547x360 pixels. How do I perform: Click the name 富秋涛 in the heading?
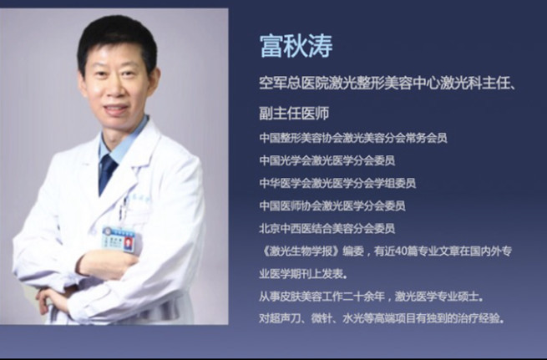point(296,46)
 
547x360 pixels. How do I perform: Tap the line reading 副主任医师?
point(294,114)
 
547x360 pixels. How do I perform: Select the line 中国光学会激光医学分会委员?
point(327,160)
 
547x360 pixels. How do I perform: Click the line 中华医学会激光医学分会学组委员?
point(337,183)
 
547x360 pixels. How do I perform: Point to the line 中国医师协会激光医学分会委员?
point(332,205)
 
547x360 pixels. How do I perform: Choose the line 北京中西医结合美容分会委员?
point(327,229)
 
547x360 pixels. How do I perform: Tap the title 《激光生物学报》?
point(299,251)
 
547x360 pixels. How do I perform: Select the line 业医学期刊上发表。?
point(303,274)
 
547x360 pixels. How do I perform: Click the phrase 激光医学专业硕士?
point(436,297)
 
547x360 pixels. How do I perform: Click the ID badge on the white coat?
point(119,239)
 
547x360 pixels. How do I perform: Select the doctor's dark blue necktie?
point(108,174)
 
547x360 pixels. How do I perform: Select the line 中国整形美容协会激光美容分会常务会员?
point(353,138)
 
